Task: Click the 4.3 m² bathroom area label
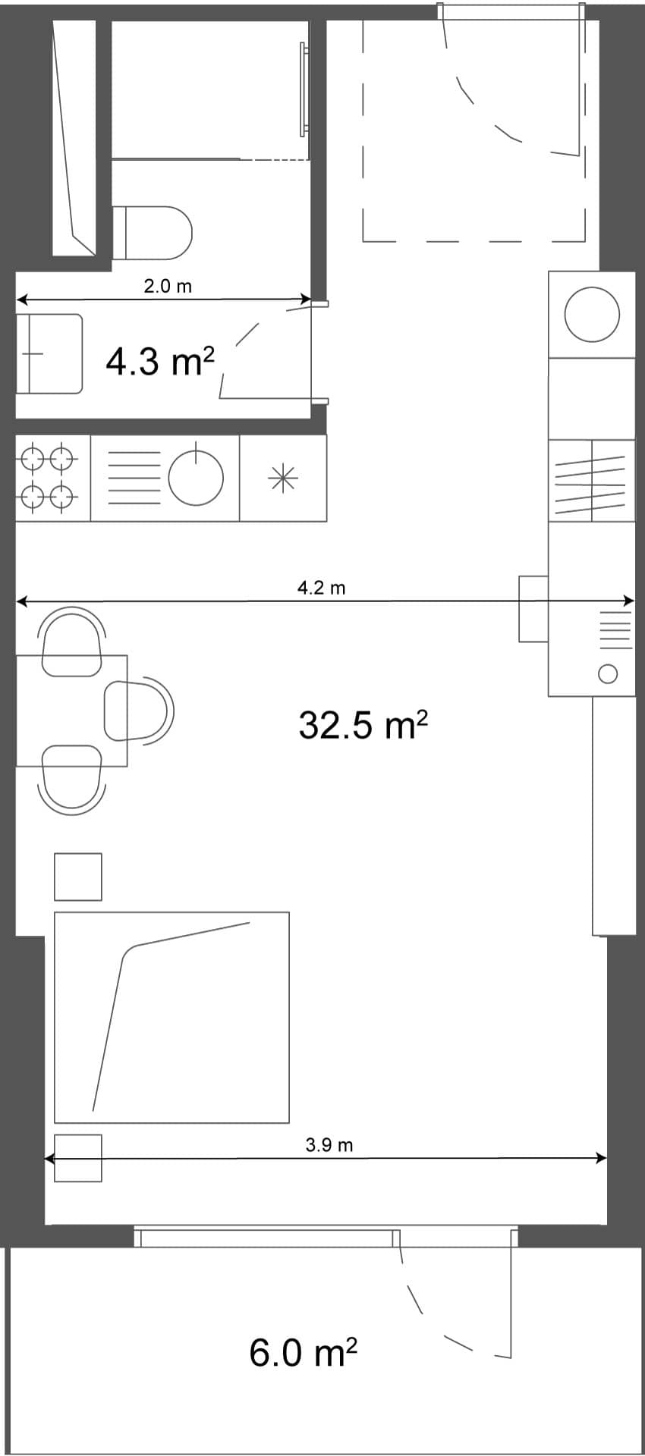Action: click(x=160, y=362)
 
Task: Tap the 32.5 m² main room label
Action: click(x=363, y=726)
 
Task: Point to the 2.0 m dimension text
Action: click(x=168, y=287)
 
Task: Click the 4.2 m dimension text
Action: click(x=321, y=588)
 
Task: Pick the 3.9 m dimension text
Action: click(x=329, y=1145)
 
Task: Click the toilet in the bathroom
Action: click(x=156, y=231)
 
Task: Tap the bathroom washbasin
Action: click(x=50, y=353)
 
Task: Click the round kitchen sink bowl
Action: click(x=196, y=479)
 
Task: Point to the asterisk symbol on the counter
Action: click(x=282, y=479)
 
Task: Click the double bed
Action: click(x=171, y=1017)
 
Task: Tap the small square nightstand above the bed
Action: click(x=78, y=877)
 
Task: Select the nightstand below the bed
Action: click(x=78, y=1158)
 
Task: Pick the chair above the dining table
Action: click(x=72, y=641)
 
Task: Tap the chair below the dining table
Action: click(x=72, y=779)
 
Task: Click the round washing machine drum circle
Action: click(x=592, y=315)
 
